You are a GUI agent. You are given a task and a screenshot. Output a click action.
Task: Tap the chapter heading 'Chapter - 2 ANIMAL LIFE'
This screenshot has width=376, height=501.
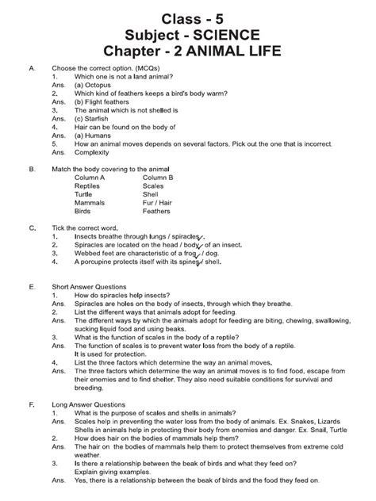pyautogui.click(x=188, y=54)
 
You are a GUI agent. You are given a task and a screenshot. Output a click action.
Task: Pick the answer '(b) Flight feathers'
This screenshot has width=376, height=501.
pyautogui.click(x=105, y=102)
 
